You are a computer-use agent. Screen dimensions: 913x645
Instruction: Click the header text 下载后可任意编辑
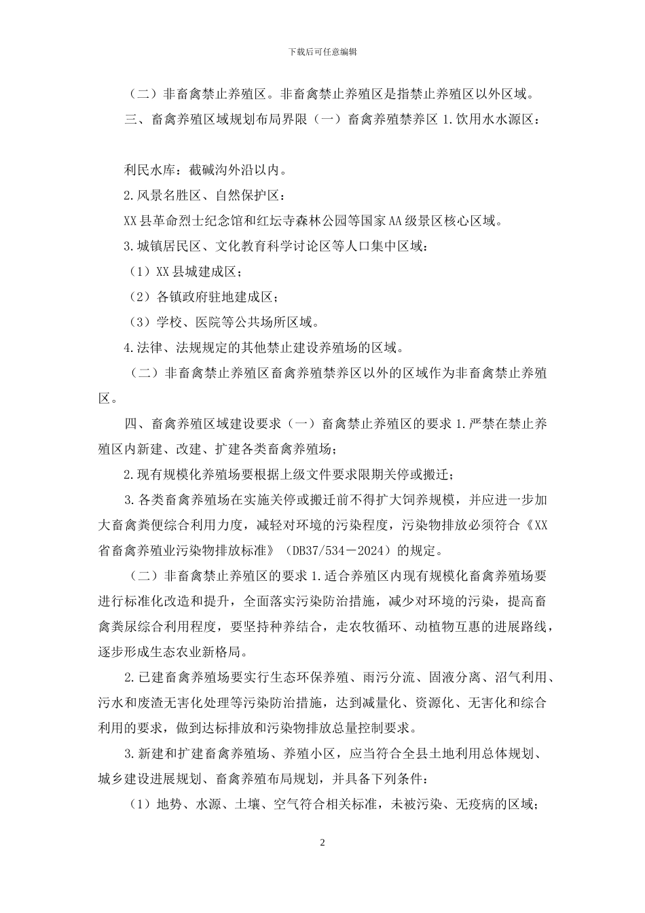322,52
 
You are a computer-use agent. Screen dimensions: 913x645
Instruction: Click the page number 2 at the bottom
322,842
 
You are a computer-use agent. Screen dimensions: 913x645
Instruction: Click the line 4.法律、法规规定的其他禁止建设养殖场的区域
264,348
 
